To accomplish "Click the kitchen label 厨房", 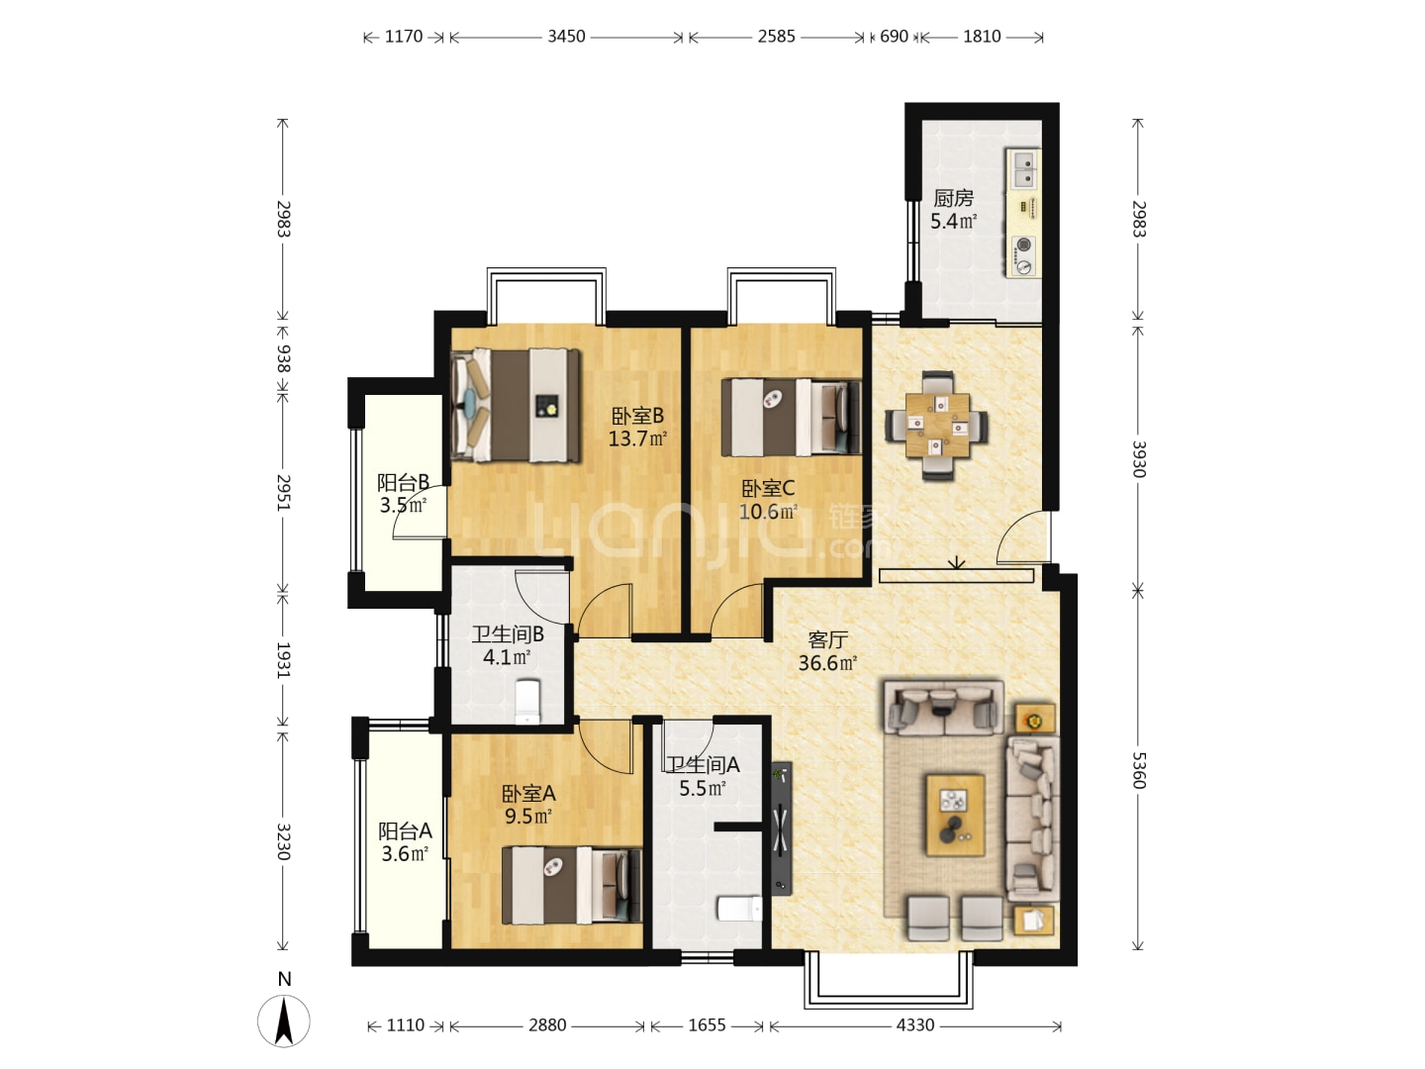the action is (x=953, y=198).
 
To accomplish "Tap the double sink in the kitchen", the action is (x=1023, y=168).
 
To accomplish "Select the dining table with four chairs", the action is (x=936, y=426).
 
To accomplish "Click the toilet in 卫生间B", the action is (x=527, y=702).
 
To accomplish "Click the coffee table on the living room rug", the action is (x=955, y=815).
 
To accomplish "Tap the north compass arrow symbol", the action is (x=284, y=1020).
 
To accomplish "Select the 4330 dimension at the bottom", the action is (x=914, y=1024).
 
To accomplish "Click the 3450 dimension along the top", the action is (x=566, y=37).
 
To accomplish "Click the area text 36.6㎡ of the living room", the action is (x=827, y=663).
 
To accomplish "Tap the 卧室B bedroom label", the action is (x=637, y=416).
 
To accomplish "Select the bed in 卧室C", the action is (x=792, y=418).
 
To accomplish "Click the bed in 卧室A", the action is (x=572, y=885).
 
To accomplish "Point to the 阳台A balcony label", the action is (x=405, y=830).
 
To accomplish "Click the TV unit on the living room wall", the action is (x=782, y=828).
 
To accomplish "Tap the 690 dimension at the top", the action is (x=894, y=37).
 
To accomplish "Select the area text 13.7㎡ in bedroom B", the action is (x=637, y=438).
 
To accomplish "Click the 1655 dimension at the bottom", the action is (x=707, y=1024).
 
